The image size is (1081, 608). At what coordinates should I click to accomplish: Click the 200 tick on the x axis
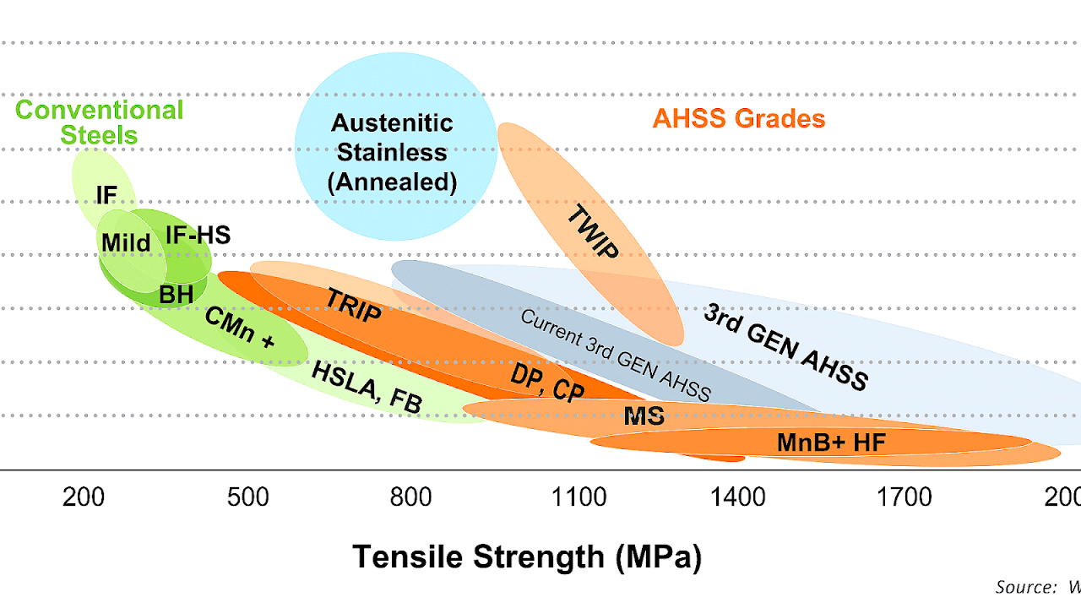[x=84, y=497]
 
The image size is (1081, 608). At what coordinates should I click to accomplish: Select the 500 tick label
[x=248, y=497]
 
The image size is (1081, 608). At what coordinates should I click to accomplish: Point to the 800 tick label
[x=411, y=497]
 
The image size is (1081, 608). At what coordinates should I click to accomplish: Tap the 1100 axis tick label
[x=579, y=497]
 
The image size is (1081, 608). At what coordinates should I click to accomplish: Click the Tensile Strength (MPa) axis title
[x=527, y=557]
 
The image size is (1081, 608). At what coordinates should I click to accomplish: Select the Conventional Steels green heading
[x=99, y=122]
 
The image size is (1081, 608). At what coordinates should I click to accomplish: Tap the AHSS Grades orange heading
[x=738, y=118]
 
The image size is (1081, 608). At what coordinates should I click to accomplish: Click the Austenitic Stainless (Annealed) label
[x=393, y=153]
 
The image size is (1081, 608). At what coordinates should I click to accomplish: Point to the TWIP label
[x=592, y=231]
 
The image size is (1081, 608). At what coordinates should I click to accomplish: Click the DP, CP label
[x=547, y=384]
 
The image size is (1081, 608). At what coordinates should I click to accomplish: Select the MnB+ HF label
[x=831, y=442]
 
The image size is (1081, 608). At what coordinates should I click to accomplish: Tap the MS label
[x=644, y=415]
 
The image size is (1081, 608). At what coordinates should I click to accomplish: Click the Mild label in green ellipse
[x=126, y=243]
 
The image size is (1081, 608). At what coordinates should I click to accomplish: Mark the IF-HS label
[x=198, y=235]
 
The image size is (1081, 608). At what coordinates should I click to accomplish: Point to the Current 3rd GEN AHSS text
[x=615, y=356]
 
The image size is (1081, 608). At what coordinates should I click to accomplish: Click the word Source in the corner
[x=1022, y=586]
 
